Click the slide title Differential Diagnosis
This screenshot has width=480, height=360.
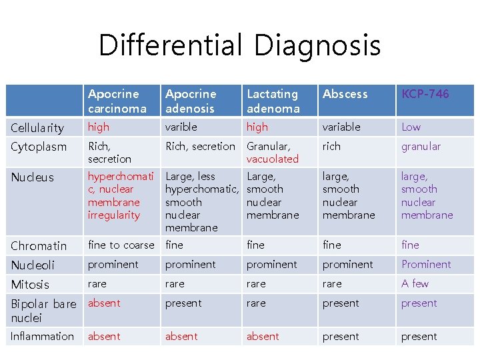(x=239, y=45)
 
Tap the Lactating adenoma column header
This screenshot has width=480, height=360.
(x=273, y=101)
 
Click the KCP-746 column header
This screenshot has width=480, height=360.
(x=425, y=94)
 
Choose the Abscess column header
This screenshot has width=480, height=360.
(x=345, y=94)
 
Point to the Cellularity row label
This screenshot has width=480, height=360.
(x=37, y=127)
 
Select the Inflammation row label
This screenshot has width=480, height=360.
(x=42, y=337)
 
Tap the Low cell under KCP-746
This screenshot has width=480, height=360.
(x=411, y=127)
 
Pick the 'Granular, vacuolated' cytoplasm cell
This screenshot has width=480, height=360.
(x=273, y=153)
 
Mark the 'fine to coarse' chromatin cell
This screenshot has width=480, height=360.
(x=121, y=245)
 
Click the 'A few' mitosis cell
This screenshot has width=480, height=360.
(x=415, y=283)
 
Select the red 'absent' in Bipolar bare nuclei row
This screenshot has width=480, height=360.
(x=104, y=303)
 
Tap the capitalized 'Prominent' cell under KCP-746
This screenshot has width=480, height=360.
(x=425, y=264)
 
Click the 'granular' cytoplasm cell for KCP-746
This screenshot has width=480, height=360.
(x=421, y=146)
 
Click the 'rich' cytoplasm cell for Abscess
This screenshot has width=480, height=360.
(x=331, y=146)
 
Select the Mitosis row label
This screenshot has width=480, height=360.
(x=30, y=284)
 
